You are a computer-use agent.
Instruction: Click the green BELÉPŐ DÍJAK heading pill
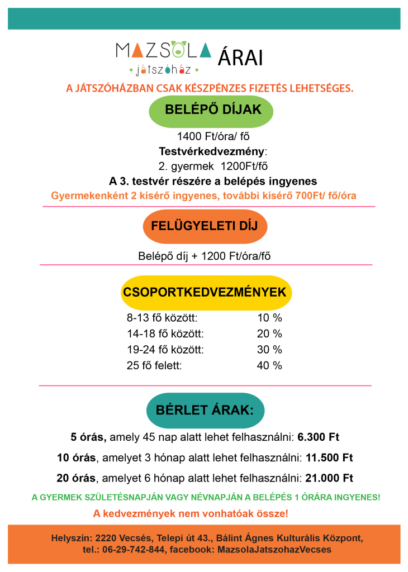pos(213,110)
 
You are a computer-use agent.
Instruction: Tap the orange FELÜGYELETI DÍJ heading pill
pos(205,226)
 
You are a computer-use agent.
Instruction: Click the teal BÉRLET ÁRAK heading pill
pos(205,411)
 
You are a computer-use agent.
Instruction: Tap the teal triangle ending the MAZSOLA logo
pos(205,50)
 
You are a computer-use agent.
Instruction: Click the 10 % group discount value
pos(269,318)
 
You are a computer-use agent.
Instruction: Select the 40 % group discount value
pos(269,366)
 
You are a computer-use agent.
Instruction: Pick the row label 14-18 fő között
pos(165,334)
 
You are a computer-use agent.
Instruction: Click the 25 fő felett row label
pos(155,366)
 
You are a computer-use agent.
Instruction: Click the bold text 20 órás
pos(76,479)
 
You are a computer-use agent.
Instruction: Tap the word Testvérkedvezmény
pos(212,151)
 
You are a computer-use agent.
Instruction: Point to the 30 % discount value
pos(269,350)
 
